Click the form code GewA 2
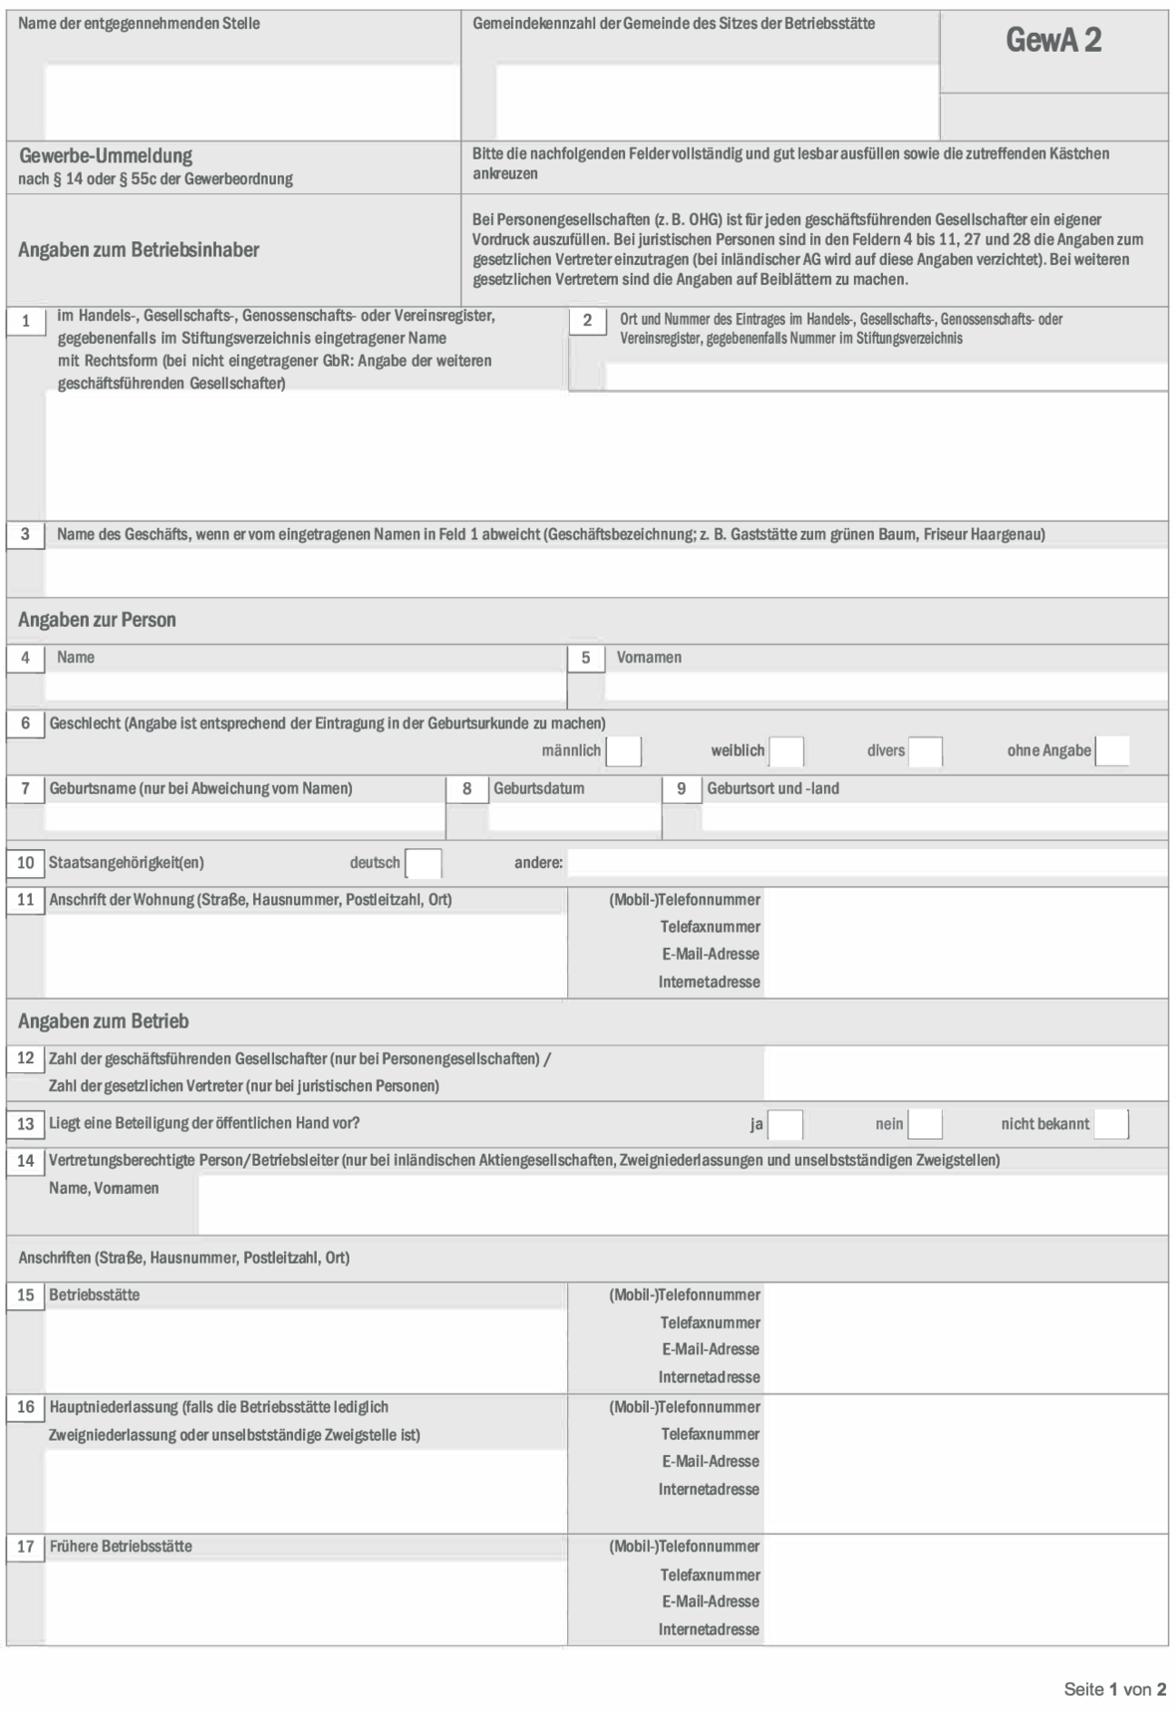pos(1053,40)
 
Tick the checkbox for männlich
pos(624,751)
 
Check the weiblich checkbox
pos(786,751)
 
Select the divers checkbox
pos(925,751)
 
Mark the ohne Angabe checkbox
pos(1112,751)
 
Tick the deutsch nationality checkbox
pos(424,863)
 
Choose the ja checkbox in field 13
pos(785,1124)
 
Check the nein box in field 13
pos(925,1124)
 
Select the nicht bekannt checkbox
pos(1111,1124)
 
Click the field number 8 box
pos(466,789)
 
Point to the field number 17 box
pos(26,1547)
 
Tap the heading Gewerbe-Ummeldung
pos(106,155)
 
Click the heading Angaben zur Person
pos(97,620)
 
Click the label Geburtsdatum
pos(539,789)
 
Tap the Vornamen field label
pos(649,658)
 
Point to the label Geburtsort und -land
pos(772,789)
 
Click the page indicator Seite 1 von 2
pos(1114,1689)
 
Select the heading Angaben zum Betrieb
pos(104,1021)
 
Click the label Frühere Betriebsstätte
pos(121,1547)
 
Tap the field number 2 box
pos(587,320)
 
